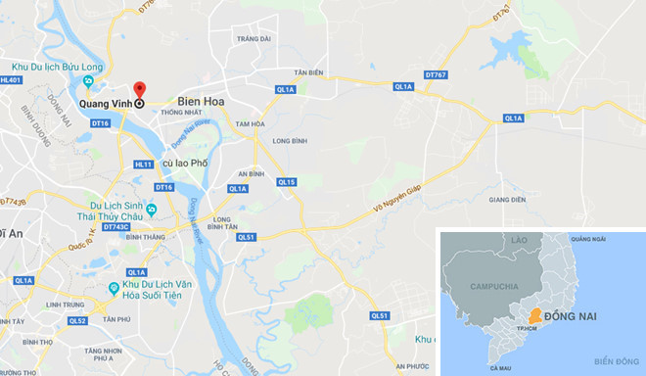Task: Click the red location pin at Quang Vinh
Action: point(140,90)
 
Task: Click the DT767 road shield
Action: point(436,73)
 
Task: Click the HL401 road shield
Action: point(12,80)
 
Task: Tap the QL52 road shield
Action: point(77,320)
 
